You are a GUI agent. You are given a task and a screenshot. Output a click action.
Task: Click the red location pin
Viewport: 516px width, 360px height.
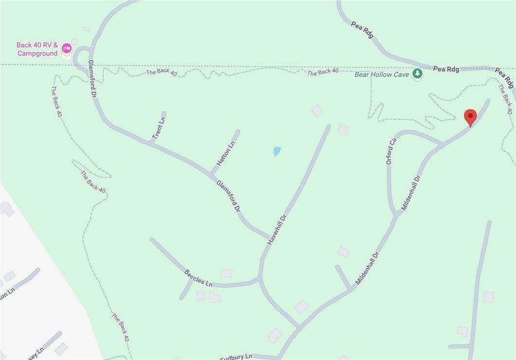[470, 117]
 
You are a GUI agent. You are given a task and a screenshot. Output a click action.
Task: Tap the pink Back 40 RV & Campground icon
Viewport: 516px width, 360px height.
[66, 48]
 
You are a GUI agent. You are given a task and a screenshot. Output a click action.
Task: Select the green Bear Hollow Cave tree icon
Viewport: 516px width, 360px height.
[417, 74]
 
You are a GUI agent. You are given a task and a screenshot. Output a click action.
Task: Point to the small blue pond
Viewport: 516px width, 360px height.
[277, 151]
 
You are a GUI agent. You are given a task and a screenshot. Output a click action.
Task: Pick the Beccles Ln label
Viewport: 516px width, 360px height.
[199, 277]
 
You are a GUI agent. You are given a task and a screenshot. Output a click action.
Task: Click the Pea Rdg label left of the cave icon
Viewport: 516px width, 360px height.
[363, 31]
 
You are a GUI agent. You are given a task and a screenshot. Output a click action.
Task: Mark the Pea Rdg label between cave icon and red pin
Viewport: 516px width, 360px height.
[446, 70]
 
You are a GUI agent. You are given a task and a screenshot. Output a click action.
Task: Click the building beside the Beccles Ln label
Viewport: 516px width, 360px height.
[226, 273]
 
